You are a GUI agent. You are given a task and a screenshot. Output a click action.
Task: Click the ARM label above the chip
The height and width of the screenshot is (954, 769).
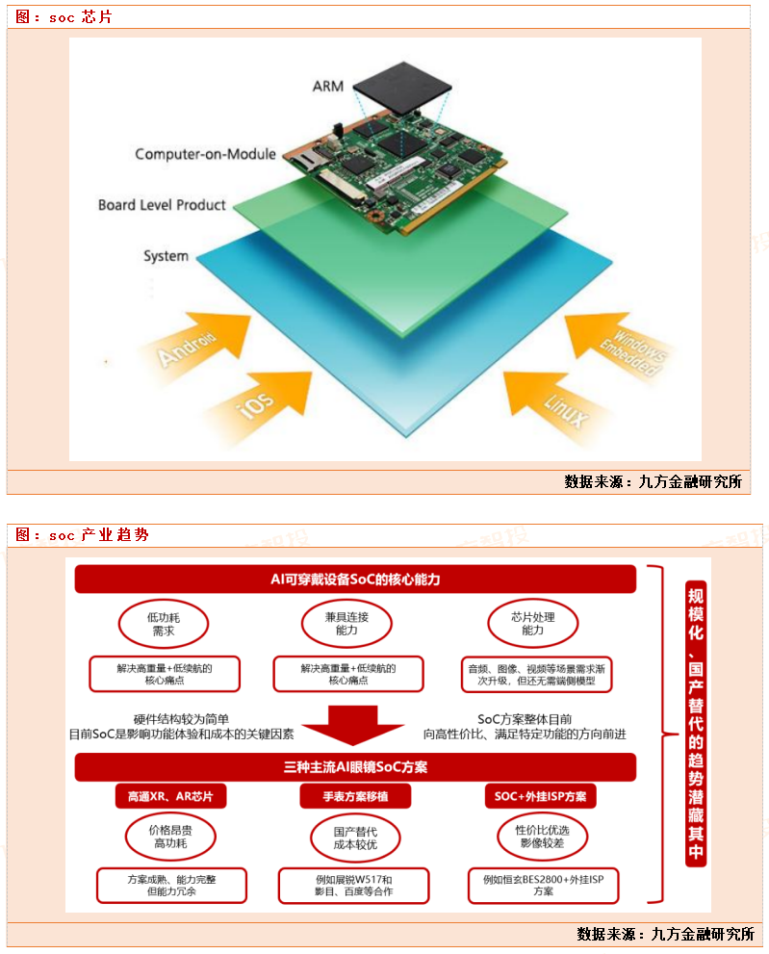(328, 87)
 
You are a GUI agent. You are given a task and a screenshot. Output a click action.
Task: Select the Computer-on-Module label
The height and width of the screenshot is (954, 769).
(205, 154)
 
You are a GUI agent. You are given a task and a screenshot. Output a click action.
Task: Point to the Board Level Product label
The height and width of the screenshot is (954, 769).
(162, 205)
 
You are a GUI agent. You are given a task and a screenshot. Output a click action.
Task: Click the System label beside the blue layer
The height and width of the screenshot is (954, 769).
(166, 256)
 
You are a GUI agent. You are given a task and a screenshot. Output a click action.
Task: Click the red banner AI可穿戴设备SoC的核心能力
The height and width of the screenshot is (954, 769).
(355, 579)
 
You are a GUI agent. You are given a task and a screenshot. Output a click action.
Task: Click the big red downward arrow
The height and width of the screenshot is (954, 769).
(346, 725)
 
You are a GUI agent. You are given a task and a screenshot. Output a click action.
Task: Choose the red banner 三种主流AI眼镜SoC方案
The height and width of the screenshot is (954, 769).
(355, 767)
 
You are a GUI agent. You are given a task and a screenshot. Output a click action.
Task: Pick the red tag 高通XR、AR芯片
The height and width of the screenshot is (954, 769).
(170, 796)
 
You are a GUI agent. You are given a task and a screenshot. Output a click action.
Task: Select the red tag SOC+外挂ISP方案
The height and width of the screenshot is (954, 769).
(539, 796)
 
